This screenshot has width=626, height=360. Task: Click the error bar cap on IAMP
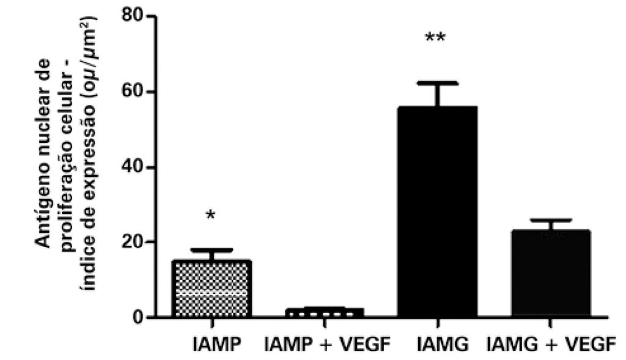click(212, 250)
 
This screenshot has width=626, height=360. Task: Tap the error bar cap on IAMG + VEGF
click(551, 220)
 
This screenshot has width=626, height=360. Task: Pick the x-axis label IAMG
click(438, 346)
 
